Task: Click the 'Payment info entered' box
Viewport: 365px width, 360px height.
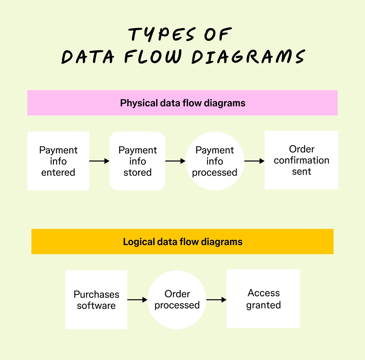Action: pyautogui.click(x=58, y=161)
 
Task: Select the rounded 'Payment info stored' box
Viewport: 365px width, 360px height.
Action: pyautogui.click(x=137, y=161)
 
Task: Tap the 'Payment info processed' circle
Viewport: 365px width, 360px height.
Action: pyautogui.click(x=215, y=161)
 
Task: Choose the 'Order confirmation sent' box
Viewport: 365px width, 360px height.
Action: pyautogui.click(x=301, y=160)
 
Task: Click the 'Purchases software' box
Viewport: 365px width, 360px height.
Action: pyautogui.click(x=96, y=300)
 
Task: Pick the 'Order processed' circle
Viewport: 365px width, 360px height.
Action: pyautogui.click(x=177, y=300)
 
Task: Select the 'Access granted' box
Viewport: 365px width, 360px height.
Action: pyautogui.click(x=263, y=299)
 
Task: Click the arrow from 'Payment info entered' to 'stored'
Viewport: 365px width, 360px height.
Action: pyautogui.click(x=99, y=161)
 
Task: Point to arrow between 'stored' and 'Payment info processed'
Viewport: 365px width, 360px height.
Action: pyautogui.click(x=175, y=161)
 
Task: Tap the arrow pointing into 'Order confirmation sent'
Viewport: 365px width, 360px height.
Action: pyautogui.click(x=254, y=161)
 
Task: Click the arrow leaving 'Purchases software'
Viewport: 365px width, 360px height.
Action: pyautogui.click(x=137, y=300)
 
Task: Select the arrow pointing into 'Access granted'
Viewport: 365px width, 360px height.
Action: pyautogui.click(x=216, y=300)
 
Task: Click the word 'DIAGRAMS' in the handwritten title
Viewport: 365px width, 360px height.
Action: pyautogui.click(x=248, y=57)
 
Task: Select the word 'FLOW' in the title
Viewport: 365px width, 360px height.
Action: pyautogui.click(x=153, y=57)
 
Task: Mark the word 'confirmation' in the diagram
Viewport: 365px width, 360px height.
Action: pyautogui.click(x=301, y=160)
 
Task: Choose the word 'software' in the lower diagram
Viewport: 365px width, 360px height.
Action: pyautogui.click(x=96, y=305)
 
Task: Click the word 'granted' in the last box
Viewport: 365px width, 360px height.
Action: pyautogui.click(x=263, y=305)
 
